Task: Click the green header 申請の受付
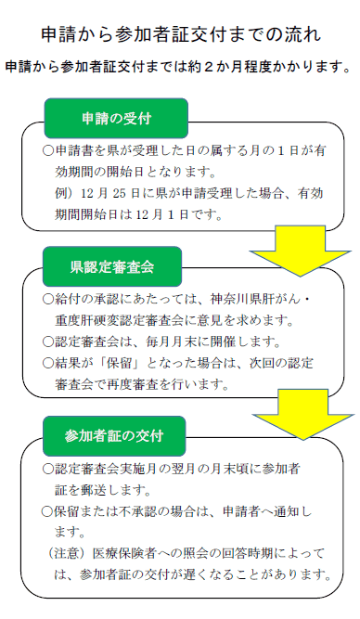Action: [x=117, y=119]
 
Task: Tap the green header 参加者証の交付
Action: [x=117, y=436]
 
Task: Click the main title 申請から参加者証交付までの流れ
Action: [x=181, y=35]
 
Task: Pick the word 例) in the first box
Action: [x=64, y=193]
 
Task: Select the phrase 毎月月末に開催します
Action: [x=196, y=340]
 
